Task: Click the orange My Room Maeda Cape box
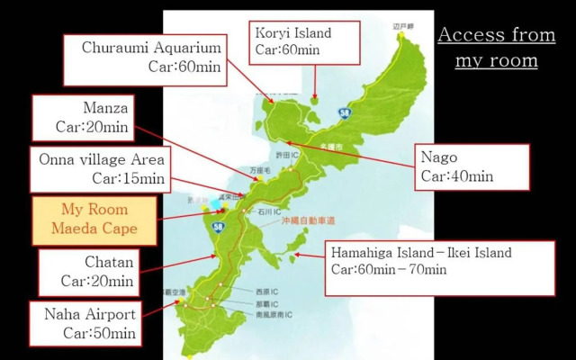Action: [x=94, y=220]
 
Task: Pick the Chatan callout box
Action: [x=88, y=272]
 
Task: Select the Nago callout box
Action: [x=472, y=167]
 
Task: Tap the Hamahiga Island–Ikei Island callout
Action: [x=438, y=262]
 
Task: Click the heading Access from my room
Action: [x=496, y=48]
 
